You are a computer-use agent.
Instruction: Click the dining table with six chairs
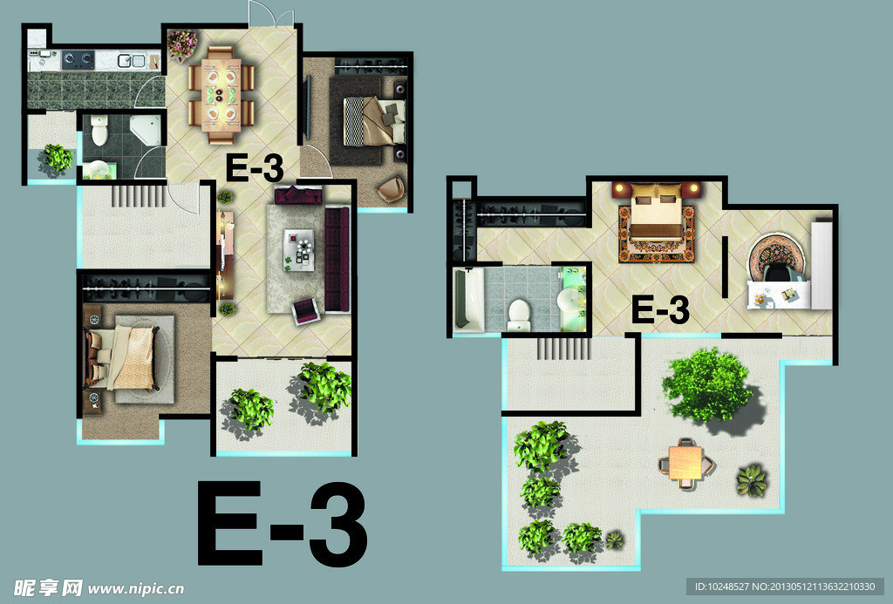pyautogui.click(x=221, y=94)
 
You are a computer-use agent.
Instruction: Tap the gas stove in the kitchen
pyautogui.click(x=78, y=58)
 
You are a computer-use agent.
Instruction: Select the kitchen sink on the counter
pyautogui.click(x=131, y=60)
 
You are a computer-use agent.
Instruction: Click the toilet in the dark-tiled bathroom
pyautogui.click(x=99, y=130)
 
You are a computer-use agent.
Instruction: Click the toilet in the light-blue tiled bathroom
pyautogui.click(x=519, y=316)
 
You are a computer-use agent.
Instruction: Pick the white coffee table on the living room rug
pyautogui.click(x=299, y=250)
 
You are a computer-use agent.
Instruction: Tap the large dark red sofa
pyautogui.click(x=337, y=260)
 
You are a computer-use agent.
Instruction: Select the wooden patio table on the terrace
pyautogui.click(x=686, y=463)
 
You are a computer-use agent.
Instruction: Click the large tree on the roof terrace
pyautogui.click(x=708, y=386)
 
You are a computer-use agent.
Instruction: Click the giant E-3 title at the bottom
pyautogui.click(x=282, y=524)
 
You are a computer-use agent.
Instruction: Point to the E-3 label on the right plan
pyautogui.click(x=661, y=311)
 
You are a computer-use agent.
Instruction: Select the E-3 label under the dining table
pyautogui.click(x=256, y=168)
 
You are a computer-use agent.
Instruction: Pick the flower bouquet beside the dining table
pyautogui.click(x=182, y=44)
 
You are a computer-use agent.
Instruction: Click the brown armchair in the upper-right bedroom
pyautogui.click(x=392, y=190)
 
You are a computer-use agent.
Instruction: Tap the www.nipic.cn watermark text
pyautogui.click(x=135, y=588)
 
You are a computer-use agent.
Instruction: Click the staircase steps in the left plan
pyautogui.click(x=139, y=195)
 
